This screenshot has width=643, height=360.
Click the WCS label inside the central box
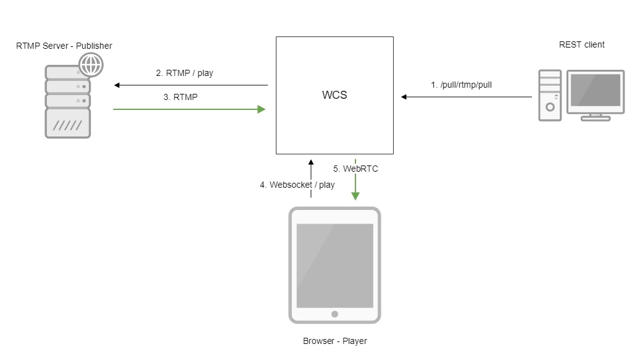334,96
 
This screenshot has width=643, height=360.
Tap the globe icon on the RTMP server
91,65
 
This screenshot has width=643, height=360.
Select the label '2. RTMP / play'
185,73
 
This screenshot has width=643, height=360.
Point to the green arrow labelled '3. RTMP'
189,109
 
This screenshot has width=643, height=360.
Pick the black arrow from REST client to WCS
466,97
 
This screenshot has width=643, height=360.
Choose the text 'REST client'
581,44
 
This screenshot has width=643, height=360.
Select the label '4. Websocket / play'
297,185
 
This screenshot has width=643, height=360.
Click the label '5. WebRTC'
355,168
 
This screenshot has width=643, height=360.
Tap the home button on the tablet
334,314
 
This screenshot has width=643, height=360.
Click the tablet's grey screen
334,266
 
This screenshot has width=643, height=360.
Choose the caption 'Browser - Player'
334,341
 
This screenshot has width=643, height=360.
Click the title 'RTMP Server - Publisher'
64,46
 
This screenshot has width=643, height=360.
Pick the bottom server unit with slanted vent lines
68,123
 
